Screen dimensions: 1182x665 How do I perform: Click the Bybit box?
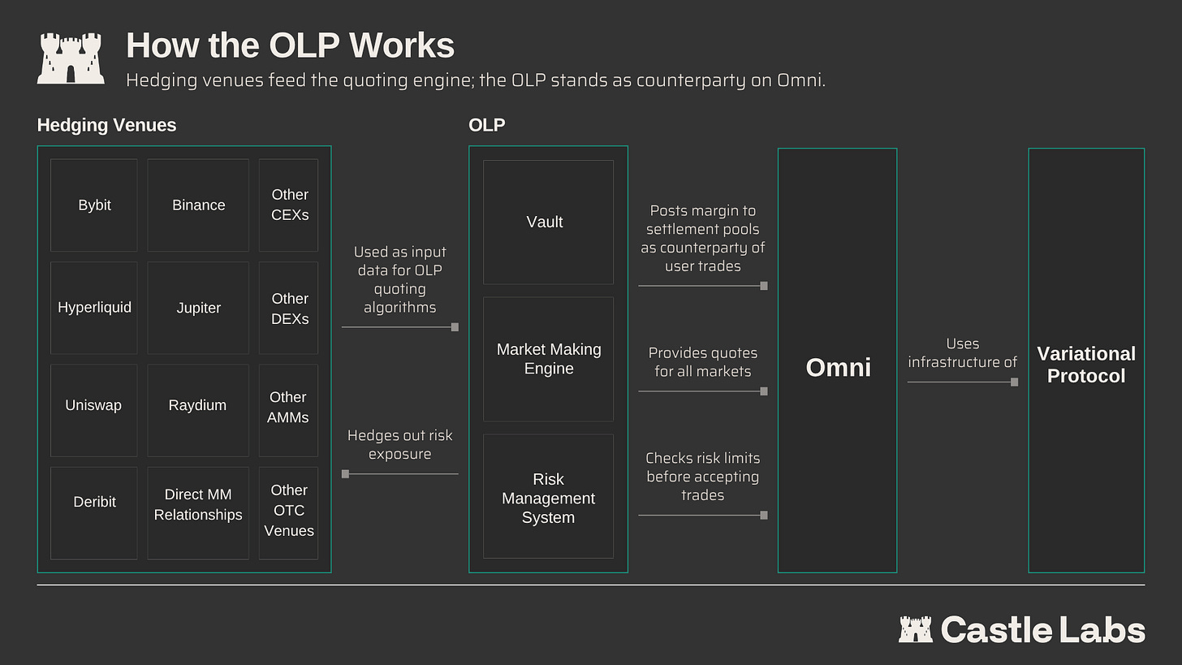point(94,205)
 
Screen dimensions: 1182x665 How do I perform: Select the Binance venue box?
point(198,205)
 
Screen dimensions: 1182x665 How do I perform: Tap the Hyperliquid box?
point(94,308)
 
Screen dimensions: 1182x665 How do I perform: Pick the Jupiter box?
point(198,308)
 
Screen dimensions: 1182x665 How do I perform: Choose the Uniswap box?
point(94,410)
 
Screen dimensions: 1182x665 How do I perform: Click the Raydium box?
point(198,410)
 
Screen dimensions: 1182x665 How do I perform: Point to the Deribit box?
point(94,513)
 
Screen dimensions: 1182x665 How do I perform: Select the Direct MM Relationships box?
point(198,513)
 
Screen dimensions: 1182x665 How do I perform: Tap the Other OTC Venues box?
point(289,513)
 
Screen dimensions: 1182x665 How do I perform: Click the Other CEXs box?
point(289,205)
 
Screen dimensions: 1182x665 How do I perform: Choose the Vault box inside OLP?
point(548,222)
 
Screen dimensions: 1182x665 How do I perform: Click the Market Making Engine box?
point(548,359)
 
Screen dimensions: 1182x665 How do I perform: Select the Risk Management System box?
point(548,496)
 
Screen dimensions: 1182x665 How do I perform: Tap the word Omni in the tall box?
point(838,367)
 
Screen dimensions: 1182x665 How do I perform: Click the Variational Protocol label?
point(1086,365)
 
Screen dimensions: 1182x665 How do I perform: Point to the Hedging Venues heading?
point(106,126)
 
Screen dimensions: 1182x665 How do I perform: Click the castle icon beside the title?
point(71,58)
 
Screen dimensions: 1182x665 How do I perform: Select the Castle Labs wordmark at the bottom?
point(1021,629)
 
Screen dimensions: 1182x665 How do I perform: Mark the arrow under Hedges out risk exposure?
point(400,474)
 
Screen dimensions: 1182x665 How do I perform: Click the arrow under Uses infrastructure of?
point(963,382)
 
